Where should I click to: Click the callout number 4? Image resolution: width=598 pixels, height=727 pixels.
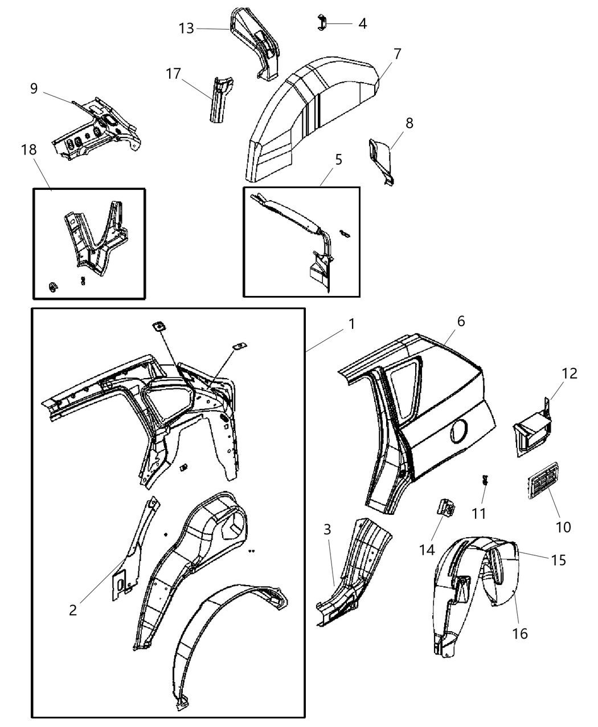click(x=362, y=23)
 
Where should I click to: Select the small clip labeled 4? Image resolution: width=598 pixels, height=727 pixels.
click(x=322, y=23)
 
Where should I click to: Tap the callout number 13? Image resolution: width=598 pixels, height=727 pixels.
click(x=186, y=28)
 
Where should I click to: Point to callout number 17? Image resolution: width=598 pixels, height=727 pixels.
click(x=174, y=74)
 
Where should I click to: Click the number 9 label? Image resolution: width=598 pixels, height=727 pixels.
click(x=34, y=88)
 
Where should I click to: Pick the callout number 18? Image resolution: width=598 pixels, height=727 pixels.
click(x=28, y=150)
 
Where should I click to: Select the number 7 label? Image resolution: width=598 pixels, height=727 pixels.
click(x=397, y=54)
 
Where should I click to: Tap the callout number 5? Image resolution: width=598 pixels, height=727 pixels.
click(x=338, y=160)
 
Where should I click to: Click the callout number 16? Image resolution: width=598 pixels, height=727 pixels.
click(x=520, y=633)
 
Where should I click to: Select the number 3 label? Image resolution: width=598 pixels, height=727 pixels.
click(x=327, y=529)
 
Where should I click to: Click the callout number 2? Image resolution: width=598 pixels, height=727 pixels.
click(x=72, y=610)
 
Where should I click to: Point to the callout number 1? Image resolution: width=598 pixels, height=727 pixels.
click(x=352, y=324)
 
